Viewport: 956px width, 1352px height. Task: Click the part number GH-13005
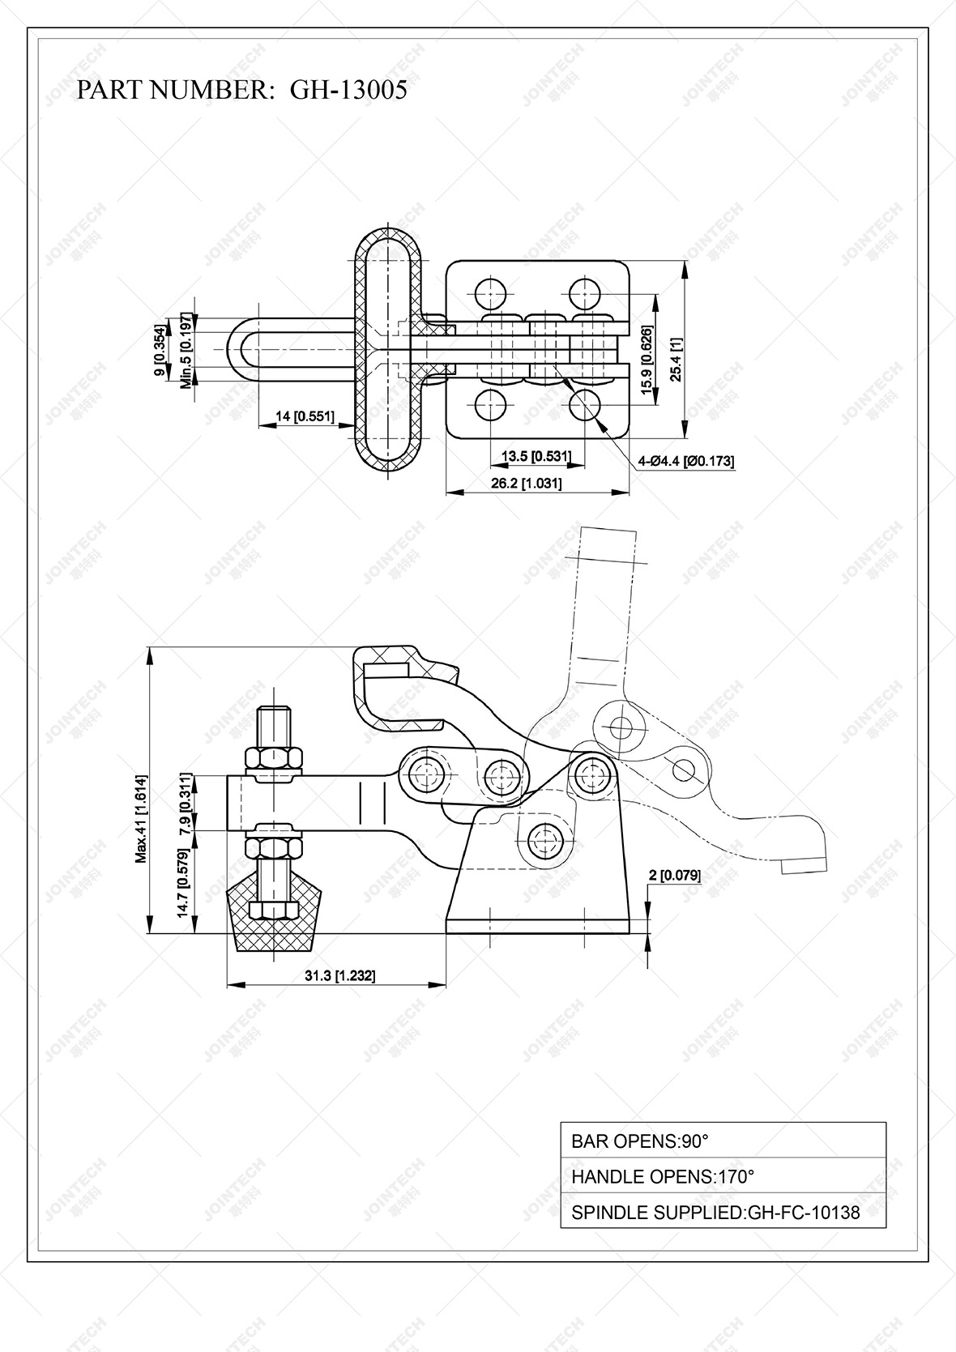click(x=348, y=90)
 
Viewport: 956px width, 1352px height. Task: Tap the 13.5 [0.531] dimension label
click(x=536, y=457)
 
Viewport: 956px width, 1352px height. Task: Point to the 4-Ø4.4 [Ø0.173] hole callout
click(x=685, y=461)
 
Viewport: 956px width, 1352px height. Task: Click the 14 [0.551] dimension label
click(x=305, y=416)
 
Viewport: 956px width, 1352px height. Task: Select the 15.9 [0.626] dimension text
click(x=646, y=360)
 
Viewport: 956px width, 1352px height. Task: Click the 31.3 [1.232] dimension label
click(x=339, y=976)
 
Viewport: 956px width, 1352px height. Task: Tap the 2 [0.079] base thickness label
click(x=675, y=875)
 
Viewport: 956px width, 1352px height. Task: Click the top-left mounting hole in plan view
click(x=490, y=292)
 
